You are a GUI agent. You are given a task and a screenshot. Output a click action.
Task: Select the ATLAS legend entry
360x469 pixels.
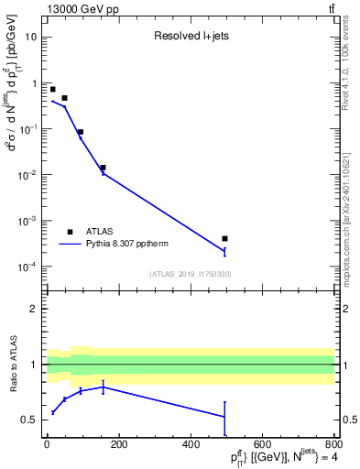pyautogui.click(x=101, y=232)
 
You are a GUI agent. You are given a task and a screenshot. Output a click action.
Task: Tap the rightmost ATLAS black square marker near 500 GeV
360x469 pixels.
pyautogui.click(x=224, y=238)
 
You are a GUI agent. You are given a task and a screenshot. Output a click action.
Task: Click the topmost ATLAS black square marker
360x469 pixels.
pyautogui.click(x=52, y=89)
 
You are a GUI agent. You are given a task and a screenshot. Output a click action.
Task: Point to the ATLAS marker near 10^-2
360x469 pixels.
pyautogui.click(x=103, y=168)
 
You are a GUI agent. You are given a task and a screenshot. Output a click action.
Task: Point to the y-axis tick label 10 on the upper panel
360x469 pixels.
pyautogui.click(x=31, y=37)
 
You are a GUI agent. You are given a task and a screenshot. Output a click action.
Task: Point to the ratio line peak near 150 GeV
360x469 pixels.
pyautogui.click(x=103, y=387)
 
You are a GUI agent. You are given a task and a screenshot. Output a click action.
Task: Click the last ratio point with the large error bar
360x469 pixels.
pyautogui.click(x=224, y=417)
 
